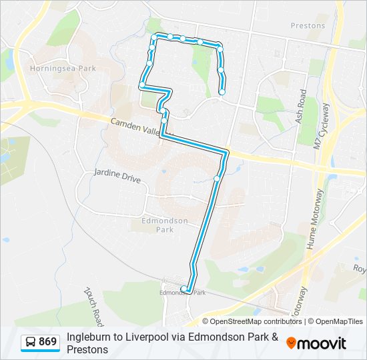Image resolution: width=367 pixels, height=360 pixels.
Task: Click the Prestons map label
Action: [308, 26]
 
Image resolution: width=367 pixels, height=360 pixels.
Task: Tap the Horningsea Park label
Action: [63, 69]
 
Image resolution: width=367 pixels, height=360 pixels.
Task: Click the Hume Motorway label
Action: [314, 218]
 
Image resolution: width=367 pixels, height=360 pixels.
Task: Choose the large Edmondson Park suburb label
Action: [165, 225]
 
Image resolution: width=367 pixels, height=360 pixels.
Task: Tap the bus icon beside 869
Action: [31, 343]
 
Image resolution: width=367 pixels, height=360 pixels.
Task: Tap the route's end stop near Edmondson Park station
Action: [184, 289]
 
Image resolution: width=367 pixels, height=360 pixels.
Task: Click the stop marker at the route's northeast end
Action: [222, 92]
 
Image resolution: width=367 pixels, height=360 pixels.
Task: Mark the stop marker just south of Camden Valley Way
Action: [217, 178]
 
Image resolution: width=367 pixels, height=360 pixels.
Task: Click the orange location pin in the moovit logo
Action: [291, 343]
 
